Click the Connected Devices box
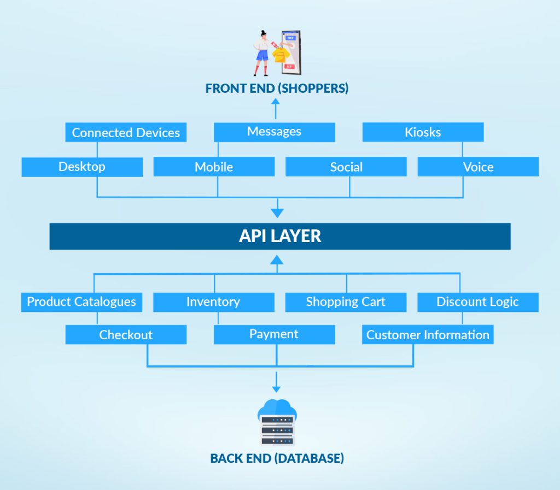(x=126, y=132)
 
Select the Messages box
(x=275, y=132)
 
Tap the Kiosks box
(x=423, y=132)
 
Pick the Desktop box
(x=82, y=167)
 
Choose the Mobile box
(x=214, y=167)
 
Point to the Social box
(x=346, y=167)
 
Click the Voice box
(x=478, y=167)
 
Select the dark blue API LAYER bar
(x=280, y=237)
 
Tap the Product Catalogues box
(x=82, y=303)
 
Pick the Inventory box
(x=214, y=303)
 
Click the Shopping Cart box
(x=346, y=303)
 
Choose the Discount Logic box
(x=478, y=303)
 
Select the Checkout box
(x=126, y=334)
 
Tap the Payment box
(x=275, y=334)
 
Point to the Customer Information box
(x=428, y=334)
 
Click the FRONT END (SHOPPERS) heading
(x=277, y=88)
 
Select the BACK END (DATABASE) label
(x=277, y=458)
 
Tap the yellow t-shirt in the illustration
(x=281, y=55)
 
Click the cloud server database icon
(x=277, y=423)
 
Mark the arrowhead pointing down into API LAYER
(x=277, y=213)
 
